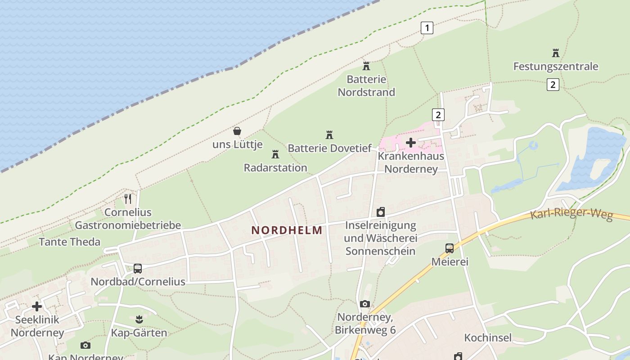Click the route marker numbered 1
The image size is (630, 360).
pyautogui.click(x=427, y=28)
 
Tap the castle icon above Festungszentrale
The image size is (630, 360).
pyautogui.click(x=556, y=53)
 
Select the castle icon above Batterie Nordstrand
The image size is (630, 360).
pyautogui.click(x=366, y=66)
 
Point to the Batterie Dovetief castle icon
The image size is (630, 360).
pyautogui.click(x=329, y=135)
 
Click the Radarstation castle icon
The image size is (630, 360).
pyautogui.click(x=275, y=154)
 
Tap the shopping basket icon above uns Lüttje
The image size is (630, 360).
pyautogui.click(x=237, y=131)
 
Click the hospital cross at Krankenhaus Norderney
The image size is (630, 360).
pyautogui.click(x=410, y=143)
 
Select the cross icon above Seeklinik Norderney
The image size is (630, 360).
pyautogui.click(x=37, y=306)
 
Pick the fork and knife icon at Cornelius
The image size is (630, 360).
pyautogui.click(x=128, y=198)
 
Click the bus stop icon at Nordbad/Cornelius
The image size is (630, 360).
pyautogui.click(x=138, y=269)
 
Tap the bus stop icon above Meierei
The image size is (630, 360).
pyautogui.click(x=449, y=248)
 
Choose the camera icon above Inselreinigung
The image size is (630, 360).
pyautogui.click(x=381, y=212)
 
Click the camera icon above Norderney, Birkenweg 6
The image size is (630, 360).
pyautogui.click(x=365, y=304)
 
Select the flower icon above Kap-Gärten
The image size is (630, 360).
pyautogui.click(x=139, y=320)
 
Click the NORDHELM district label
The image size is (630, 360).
pyautogui.click(x=287, y=230)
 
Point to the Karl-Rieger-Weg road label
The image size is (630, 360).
pyautogui.click(x=571, y=213)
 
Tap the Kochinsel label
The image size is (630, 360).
pyautogui.click(x=488, y=337)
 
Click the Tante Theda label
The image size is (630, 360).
pyautogui.click(x=69, y=242)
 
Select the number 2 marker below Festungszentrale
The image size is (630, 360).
pyautogui.click(x=553, y=84)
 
